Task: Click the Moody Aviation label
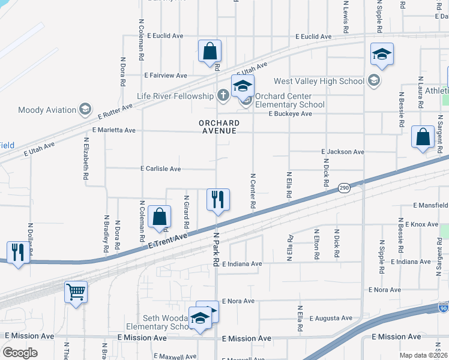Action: (47, 110)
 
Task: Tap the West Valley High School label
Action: (319, 81)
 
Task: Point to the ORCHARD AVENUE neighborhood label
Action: (219, 127)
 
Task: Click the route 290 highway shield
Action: (343, 187)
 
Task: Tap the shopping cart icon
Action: (76, 292)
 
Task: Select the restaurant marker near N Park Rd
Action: (218, 199)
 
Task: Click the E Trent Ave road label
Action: (168, 241)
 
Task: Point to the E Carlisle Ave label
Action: (160, 169)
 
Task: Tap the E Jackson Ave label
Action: (343, 152)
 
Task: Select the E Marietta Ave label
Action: (114, 130)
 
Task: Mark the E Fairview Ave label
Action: (166, 76)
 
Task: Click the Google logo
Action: (20, 352)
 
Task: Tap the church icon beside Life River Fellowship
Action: (223, 95)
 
